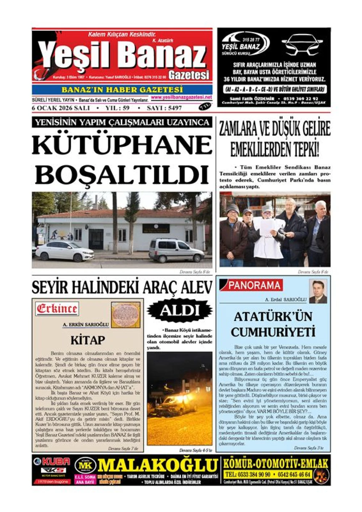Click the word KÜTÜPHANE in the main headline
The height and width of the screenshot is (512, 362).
(122, 145)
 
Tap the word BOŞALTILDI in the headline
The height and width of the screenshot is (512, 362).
(122, 175)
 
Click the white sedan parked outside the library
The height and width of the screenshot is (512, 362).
(64, 251)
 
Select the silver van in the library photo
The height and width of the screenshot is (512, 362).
(176, 250)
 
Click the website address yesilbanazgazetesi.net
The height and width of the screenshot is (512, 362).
(181, 97)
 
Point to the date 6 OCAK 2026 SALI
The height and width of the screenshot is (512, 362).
(61, 108)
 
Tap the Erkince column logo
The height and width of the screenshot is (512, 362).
(57, 309)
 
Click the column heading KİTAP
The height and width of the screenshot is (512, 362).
(88, 340)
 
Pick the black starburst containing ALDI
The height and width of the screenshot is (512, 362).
(180, 310)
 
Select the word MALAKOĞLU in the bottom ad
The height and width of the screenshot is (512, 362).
(158, 465)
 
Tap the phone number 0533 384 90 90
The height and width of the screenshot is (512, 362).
(248, 474)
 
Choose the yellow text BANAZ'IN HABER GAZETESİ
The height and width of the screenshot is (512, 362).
(122, 90)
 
